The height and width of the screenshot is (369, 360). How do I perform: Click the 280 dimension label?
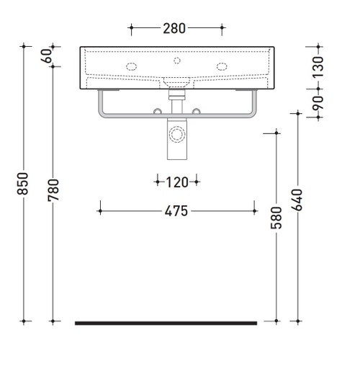click(x=174, y=28)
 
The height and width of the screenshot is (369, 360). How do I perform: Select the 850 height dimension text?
click(x=23, y=184)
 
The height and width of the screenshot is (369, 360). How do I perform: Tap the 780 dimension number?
click(x=53, y=190)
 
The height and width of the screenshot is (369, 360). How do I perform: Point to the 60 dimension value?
click(x=47, y=55)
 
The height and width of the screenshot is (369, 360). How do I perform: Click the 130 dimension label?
click(x=318, y=67)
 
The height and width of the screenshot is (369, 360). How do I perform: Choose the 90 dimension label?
click(x=318, y=103)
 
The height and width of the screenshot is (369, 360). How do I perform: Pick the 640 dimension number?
click(x=297, y=200)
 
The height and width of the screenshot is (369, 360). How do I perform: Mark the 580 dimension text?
click(x=276, y=218)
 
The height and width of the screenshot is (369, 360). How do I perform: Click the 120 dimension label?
click(x=177, y=182)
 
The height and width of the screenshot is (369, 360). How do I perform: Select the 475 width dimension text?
click(x=176, y=211)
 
